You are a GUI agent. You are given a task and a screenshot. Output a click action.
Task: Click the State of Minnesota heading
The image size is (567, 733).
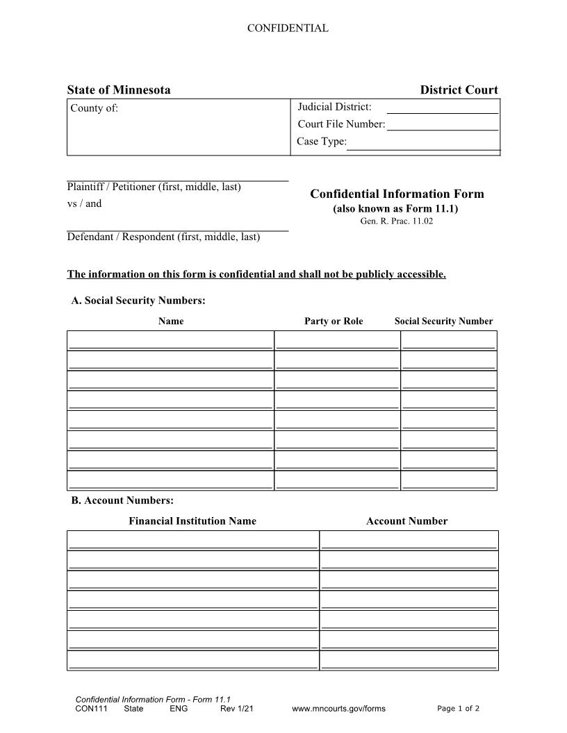(119, 90)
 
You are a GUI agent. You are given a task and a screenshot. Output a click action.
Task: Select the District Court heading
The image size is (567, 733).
(459, 90)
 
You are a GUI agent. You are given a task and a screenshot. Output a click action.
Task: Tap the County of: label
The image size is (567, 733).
(94, 108)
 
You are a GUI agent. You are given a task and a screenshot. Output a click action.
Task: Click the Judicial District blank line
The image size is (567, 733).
(442, 109)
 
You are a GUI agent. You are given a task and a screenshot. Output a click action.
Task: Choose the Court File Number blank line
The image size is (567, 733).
(442, 126)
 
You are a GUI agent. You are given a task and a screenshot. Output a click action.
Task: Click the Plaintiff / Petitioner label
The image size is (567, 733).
(154, 187)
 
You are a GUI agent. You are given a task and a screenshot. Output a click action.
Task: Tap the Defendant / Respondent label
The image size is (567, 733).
(163, 237)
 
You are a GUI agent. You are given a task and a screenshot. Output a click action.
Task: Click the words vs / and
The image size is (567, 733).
(84, 204)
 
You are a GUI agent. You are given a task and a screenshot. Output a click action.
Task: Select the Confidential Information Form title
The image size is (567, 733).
(397, 194)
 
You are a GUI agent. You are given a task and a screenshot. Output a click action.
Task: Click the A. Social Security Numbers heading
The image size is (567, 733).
(138, 301)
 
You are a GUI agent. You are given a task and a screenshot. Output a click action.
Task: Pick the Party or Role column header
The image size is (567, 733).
(334, 321)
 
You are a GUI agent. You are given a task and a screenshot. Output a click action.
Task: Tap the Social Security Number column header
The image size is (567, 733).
(443, 321)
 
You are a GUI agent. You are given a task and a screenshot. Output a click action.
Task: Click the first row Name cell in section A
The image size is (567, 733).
(171, 340)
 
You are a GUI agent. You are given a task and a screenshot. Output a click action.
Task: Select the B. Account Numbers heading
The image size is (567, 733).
(122, 500)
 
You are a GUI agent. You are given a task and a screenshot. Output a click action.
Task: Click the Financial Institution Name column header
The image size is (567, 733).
(192, 521)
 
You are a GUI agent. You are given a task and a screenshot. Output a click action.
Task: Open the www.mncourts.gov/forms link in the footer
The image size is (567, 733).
(338, 709)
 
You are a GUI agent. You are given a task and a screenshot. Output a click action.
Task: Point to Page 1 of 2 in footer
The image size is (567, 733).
(458, 709)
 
